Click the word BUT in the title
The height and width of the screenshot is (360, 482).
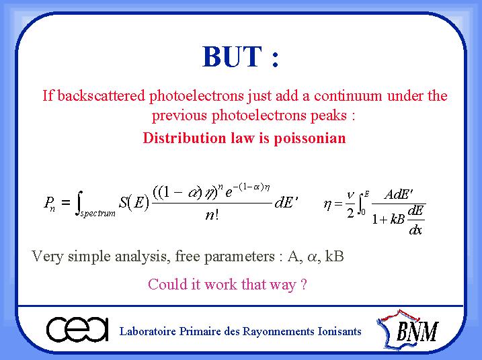(233, 56)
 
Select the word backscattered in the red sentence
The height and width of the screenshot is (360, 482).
(101, 95)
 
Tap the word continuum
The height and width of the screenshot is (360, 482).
(348, 96)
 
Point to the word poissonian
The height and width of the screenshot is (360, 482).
(310, 138)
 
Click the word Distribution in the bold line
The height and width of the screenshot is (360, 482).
(184, 138)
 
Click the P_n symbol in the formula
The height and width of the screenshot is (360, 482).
(50, 204)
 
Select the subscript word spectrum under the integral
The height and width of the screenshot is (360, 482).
(97, 213)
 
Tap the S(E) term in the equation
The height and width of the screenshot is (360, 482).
(134, 202)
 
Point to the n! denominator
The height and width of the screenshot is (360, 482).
(212, 215)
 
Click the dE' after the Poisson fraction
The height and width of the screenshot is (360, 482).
(286, 202)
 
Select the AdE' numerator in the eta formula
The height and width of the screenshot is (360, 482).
(399, 194)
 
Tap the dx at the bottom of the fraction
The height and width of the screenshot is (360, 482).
(415, 230)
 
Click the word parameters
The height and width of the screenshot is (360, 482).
(239, 257)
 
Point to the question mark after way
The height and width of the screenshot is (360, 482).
(304, 285)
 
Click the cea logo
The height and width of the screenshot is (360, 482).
(77, 330)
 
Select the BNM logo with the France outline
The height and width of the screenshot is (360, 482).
(407, 329)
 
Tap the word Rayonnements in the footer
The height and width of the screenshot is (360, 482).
(278, 332)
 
